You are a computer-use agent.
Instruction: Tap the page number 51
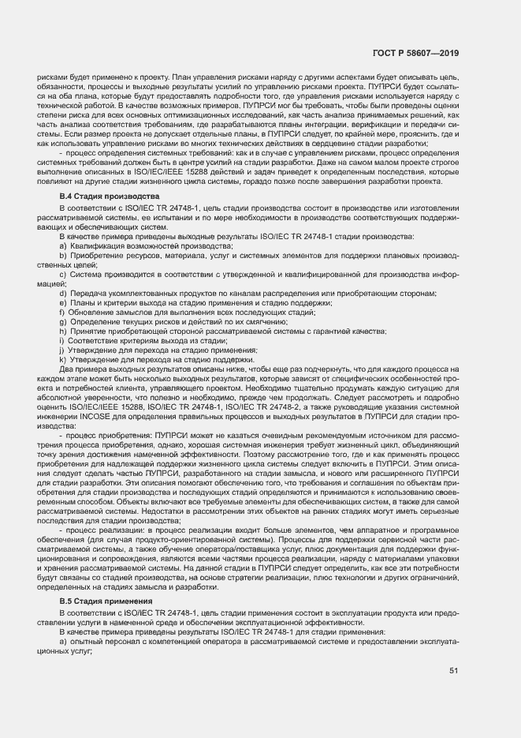[x=454, y=671]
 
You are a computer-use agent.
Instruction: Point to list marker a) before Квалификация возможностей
[x=62, y=246]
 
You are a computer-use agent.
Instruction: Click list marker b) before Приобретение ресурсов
[x=62, y=257]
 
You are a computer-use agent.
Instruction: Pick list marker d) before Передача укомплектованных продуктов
[x=62, y=294]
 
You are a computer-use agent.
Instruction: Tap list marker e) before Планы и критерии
[x=62, y=303]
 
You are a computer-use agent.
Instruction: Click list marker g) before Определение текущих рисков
[x=62, y=322]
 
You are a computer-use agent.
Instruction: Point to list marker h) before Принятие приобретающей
[x=62, y=332]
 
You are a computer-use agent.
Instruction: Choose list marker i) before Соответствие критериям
[x=61, y=340]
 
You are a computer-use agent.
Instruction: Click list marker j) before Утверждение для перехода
[x=61, y=350]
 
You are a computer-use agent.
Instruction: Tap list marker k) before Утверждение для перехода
[x=62, y=359]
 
